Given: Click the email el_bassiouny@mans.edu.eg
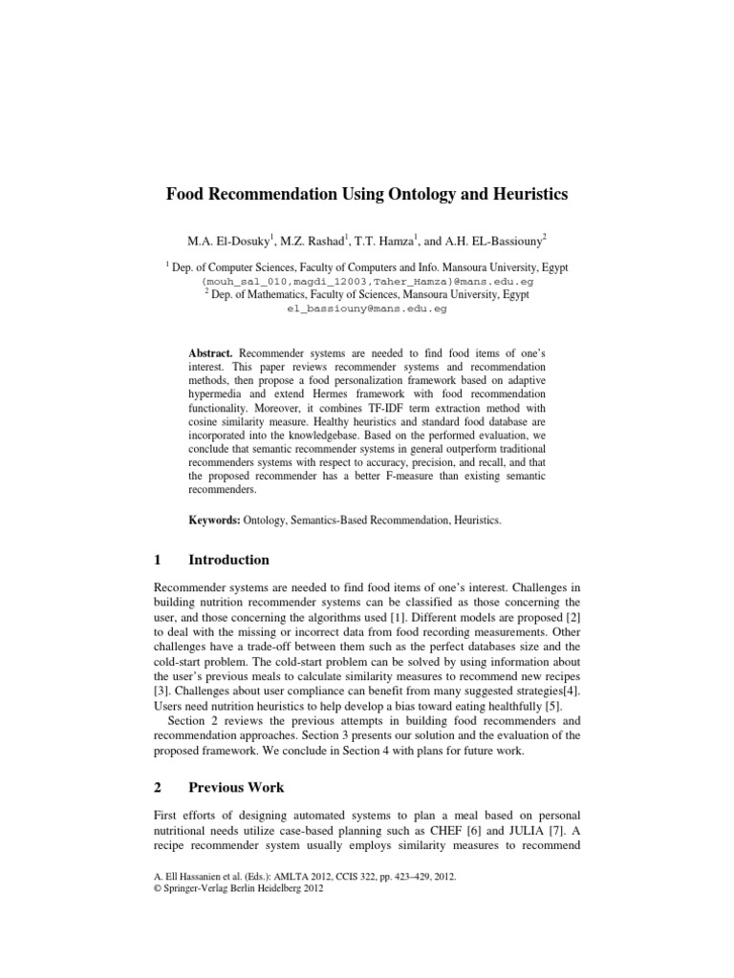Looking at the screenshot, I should click(x=367, y=309).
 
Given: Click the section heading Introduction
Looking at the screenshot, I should click(x=228, y=560).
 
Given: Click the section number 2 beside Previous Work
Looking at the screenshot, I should click(x=159, y=788).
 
